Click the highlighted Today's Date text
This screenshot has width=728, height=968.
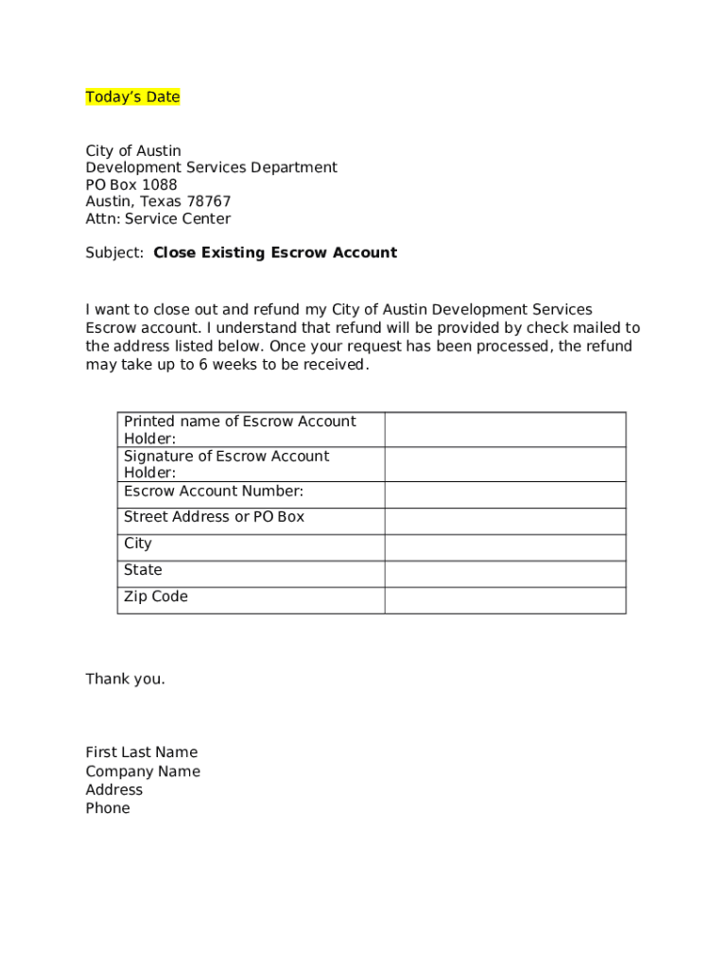(x=132, y=97)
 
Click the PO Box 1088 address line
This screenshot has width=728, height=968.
(x=131, y=184)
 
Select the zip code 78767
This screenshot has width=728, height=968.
(x=209, y=201)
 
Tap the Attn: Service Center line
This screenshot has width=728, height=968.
(x=158, y=218)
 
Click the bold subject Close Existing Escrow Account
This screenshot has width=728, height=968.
(x=275, y=252)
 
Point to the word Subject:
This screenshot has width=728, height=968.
(x=114, y=252)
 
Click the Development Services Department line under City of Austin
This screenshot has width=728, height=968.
(x=211, y=167)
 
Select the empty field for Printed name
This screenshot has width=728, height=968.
(x=505, y=429)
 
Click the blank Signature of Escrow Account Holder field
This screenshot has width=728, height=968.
(x=505, y=464)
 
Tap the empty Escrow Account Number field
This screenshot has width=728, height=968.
(x=505, y=494)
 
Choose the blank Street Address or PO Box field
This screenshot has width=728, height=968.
(x=505, y=521)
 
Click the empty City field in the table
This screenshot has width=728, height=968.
(x=505, y=547)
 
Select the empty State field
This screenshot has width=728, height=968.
(x=505, y=574)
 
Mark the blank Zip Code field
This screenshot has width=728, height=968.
(x=505, y=600)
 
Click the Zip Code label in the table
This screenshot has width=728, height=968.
(x=156, y=596)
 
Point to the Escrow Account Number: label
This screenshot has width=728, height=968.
(x=214, y=491)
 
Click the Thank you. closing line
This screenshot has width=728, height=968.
(x=125, y=679)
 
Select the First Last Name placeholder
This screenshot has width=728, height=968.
(x=142, y=752)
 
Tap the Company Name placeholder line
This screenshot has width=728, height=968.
(x=143, y=771)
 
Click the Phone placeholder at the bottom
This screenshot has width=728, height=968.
(x=108, y=808)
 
